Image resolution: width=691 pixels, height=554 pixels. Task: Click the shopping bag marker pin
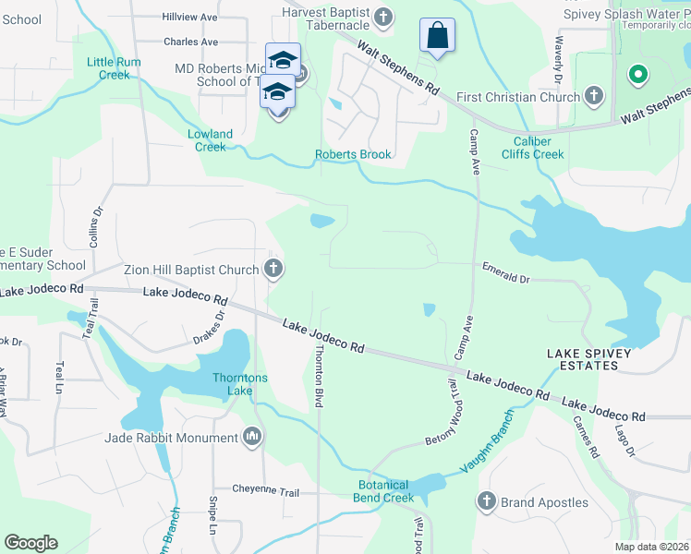click(x=438, y=37)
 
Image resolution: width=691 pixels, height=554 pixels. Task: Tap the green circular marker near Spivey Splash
click(x=636, y=74)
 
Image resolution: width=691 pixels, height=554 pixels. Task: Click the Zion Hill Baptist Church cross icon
click(x=273, y=270)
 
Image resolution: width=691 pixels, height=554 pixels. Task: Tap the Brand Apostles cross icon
click(x=487, y=502)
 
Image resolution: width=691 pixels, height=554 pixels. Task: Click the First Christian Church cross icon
click(x=594, y=96)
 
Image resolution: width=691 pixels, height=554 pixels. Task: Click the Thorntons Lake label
click(x=240, y=384)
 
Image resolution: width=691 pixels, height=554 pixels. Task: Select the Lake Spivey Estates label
click(x=588, y=359)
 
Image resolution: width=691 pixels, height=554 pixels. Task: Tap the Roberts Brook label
click(x=353, y=154)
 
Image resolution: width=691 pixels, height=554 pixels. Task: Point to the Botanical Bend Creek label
click(x=385, y=491)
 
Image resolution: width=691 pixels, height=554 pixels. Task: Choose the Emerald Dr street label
click(x=505, y=271)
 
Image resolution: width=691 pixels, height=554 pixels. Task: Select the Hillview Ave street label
click(x=189, y=18)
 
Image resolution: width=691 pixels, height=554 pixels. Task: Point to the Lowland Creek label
click(x=211, y=140)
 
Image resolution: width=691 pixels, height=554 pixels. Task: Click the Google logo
click(x=30, y=543)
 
